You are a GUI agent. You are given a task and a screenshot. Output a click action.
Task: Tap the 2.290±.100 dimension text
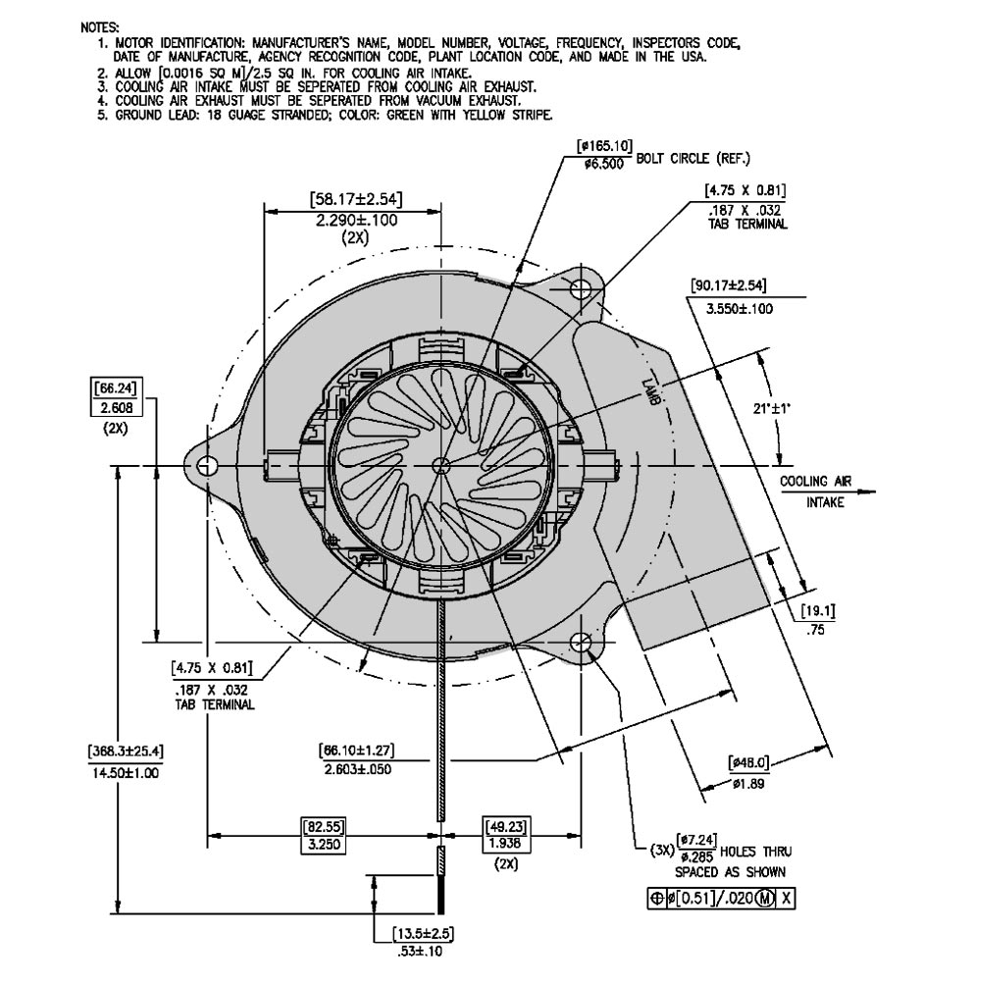356,221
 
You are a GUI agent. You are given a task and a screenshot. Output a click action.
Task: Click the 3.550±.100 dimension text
740,309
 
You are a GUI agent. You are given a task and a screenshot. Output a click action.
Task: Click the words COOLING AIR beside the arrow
815,482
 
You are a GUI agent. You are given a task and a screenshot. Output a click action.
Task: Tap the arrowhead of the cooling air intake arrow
872,493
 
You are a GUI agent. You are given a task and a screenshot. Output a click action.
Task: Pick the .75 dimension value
814,632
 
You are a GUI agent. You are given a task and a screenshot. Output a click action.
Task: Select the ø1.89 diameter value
749,784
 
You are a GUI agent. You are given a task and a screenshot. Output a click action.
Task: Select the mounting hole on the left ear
208,465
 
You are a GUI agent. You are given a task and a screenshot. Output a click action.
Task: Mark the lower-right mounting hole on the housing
581,644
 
